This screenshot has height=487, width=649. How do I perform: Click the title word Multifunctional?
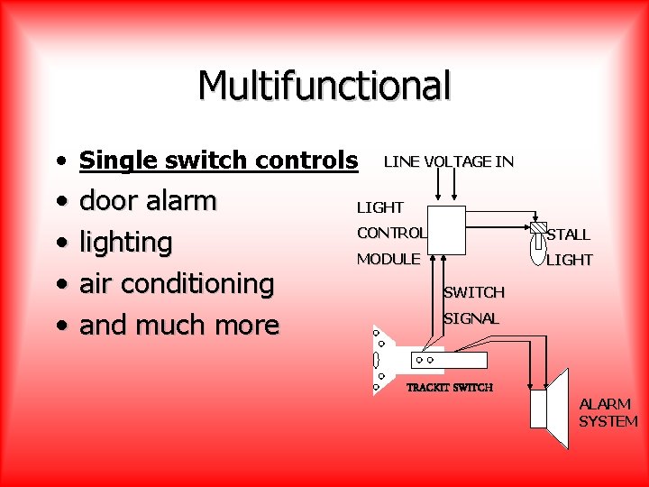(324, 86)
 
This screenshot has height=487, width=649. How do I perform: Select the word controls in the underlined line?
(302, 161)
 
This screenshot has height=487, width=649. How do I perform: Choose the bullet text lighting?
(125, 243)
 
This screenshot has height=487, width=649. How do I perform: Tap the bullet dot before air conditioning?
(59, 285)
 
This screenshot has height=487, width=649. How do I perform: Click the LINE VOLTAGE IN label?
(448, 162)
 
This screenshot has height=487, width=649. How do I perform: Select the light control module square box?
(446, 229)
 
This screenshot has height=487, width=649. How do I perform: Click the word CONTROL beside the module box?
(391, 233)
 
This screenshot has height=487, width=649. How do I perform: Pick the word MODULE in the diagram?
(388, 259)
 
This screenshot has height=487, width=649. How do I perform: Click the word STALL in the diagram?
(569, 234)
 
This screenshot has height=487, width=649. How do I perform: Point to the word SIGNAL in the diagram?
(471, 318)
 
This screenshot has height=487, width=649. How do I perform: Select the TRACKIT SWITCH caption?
(450, 388)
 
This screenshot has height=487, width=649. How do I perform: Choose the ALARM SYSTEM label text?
(608, 412)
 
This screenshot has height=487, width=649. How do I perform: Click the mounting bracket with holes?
(382, 360)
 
